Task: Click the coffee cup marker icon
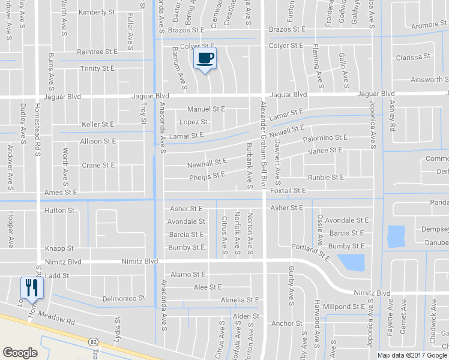coord(205,58)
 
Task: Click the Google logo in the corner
coord(20,352)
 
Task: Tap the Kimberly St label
coord(97,12)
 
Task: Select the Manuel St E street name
coord(206,109)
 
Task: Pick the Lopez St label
coord(193,122)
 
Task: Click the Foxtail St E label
coord(288,191)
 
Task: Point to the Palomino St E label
coord(325,139)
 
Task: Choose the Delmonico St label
coord(124,298)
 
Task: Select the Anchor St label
coord(286,323)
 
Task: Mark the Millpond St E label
coord(344,307)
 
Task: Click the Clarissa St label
coord(414,57)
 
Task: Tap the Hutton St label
coord(59,211)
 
